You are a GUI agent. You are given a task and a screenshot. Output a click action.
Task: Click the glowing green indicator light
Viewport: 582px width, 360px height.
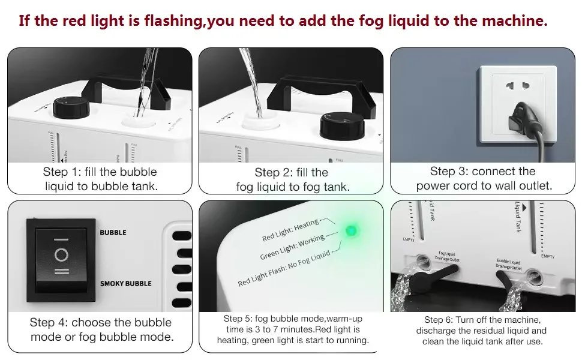click(352, 230)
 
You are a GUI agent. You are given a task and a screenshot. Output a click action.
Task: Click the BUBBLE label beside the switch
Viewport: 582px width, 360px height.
click(113, 233)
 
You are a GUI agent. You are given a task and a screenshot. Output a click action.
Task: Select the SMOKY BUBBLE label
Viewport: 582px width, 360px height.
click(125, 283)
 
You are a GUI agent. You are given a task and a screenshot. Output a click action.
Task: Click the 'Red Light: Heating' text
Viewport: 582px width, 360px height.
click(291, 230)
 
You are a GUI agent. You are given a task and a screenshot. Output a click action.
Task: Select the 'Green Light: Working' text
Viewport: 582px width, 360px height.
click(292, 247)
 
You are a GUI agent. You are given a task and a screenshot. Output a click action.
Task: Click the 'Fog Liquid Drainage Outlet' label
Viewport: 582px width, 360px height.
click(447, 257)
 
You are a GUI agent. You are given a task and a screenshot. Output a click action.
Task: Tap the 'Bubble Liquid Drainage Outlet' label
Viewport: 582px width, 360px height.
click(509, 265)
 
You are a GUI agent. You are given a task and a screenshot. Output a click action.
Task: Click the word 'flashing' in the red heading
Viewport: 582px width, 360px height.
click(176, 21)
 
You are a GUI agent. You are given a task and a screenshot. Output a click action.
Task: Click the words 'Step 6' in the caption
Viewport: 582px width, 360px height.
click(439, 320)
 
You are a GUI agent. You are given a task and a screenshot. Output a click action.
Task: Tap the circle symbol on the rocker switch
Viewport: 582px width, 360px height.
click(61, 255)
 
